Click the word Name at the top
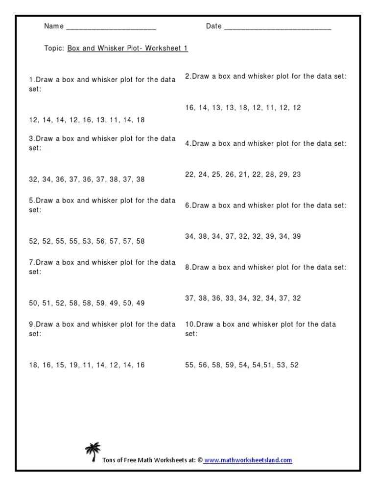tap(54, 26)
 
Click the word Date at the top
tap(214, 26)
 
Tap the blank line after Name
tap(111, 28)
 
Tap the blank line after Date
tap(278, 28)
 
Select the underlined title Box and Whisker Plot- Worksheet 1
tap(127, 48)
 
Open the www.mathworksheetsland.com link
tap(248, 460)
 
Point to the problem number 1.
tap(31, 80)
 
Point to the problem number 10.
tap(189, 324)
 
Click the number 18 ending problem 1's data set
tap(141, 120)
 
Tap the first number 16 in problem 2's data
tap(190, 108)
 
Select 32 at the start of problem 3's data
tap(33, 180)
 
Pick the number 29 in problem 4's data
tap(283, 174)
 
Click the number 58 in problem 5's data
tap(141, 241)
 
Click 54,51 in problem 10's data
tap(270, 365)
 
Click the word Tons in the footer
tap(109, 460)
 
